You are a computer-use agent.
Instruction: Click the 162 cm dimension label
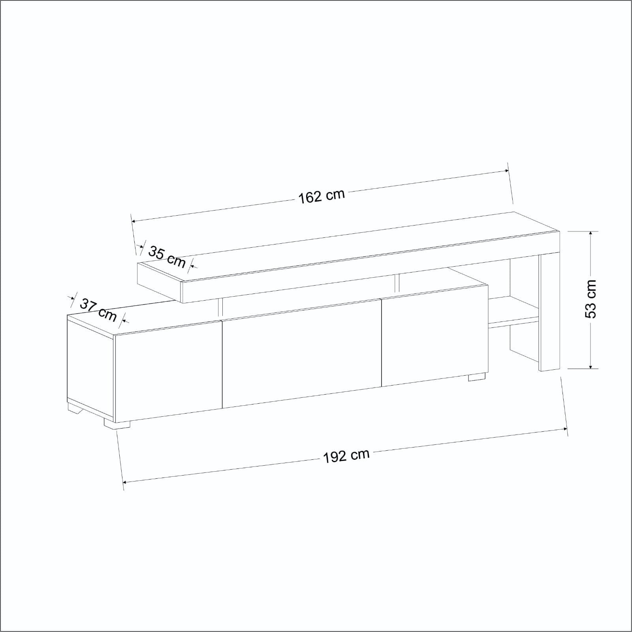321,196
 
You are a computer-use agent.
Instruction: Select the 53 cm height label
591,299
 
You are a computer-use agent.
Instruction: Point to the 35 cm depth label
167,256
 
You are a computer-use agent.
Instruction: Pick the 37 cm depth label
98,310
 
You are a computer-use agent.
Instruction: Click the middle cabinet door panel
302,354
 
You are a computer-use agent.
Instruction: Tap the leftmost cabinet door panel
168,372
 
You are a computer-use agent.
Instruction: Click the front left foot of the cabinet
117,423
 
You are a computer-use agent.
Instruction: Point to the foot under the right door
477,377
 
